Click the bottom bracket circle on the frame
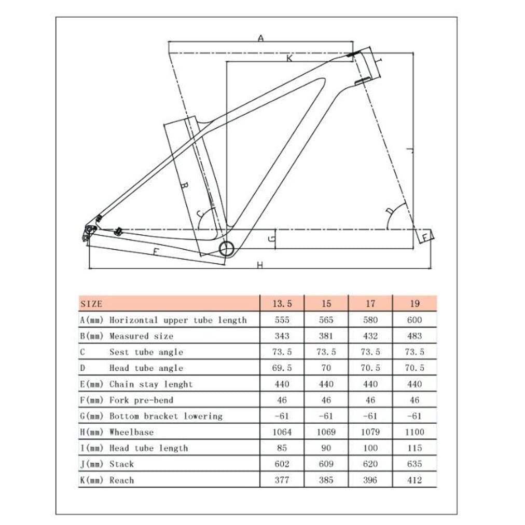click(227, 248)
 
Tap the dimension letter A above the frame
click(261, 37)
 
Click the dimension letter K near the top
click(289, 59)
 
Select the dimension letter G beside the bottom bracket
click(270, 238)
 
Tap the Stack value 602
click(281, 464)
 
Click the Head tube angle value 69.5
click(281, 368)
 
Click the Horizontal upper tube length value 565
click(326, 320)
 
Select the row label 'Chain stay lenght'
click(150, 384)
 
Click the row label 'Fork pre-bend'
click(141, 400)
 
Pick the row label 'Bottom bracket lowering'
click(165, 416)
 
